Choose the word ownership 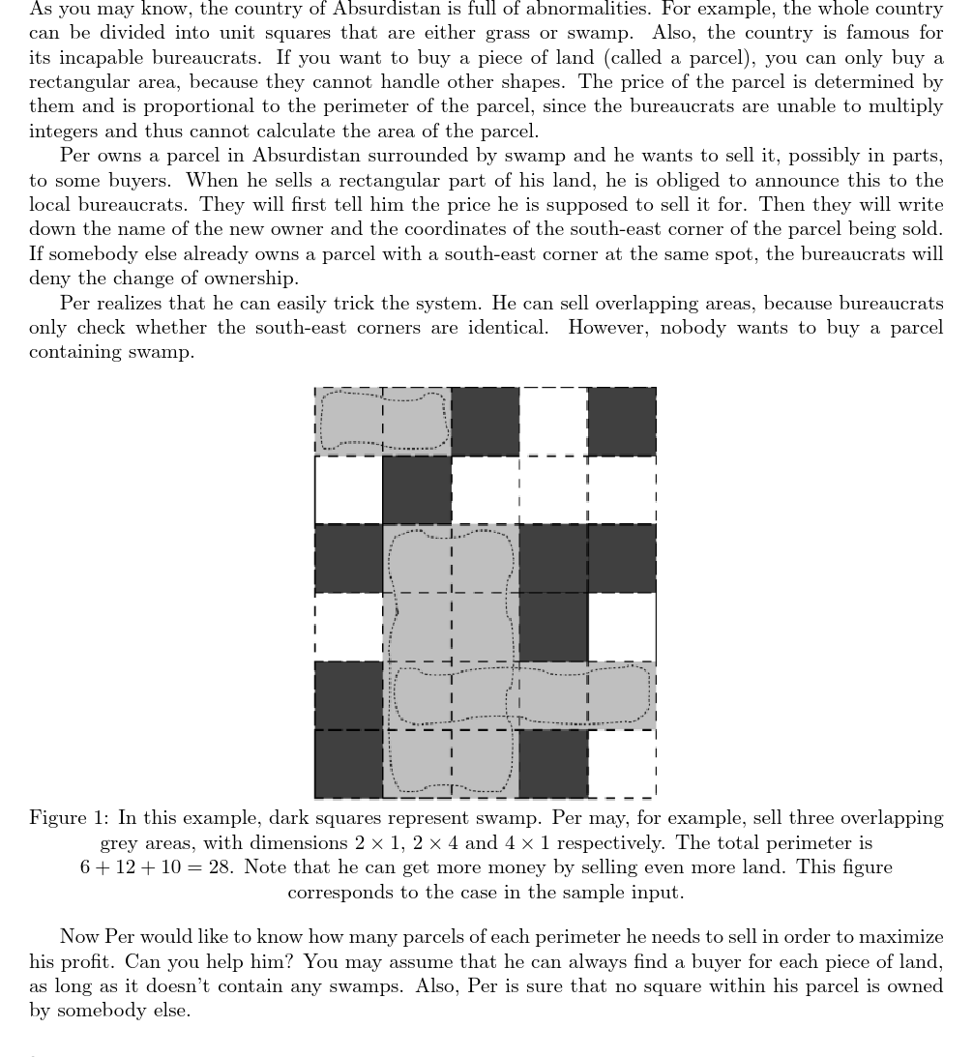coord(254,279)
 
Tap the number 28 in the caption coord(219,867)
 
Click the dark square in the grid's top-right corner coord(622,422)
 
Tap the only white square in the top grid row coord(553,422)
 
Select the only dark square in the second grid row coord(417,490)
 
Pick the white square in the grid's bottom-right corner coord(622,764)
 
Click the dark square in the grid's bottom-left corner coord(348,764)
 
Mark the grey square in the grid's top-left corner coord(348,422)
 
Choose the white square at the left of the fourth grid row coord(348,627)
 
